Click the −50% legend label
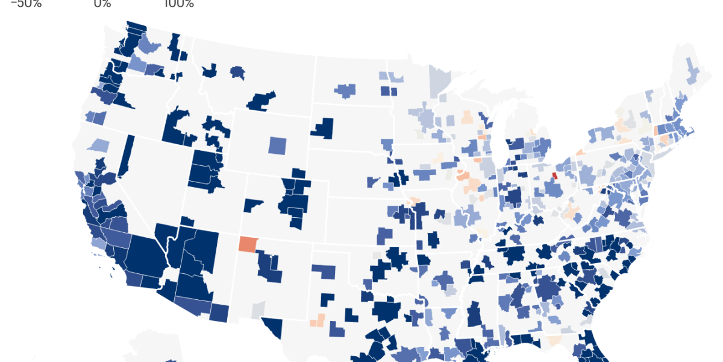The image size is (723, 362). coord(26,4)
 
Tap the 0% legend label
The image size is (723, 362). coord(102,4)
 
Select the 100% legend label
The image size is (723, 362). coord(178,4)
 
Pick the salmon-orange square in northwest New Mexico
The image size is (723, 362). coord(247,244)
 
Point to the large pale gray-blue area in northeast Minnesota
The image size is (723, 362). coord(439,80)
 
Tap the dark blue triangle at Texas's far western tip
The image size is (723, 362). coord(274,328)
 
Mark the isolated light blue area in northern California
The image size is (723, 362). coord(99,145)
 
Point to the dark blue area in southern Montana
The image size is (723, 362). coord(261,101)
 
